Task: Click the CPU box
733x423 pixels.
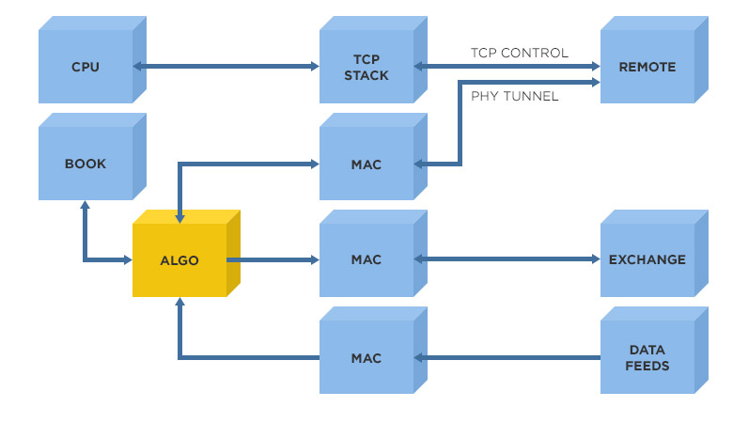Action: pyautogui.click(x=86, y=67)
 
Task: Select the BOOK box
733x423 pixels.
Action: pyautogui.click(x=86, y=164)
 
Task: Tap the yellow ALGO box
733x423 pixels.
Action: pyautogui.click(x=179, y=260)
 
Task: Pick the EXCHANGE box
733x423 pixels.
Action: pyautogui.click(x=647, y=260)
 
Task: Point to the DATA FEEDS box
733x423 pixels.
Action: pyautogui.click(x=647, y=357)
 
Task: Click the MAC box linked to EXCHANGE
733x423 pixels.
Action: pyautogui.click(x=366, y=260)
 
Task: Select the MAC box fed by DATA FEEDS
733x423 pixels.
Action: pyautogui.click(x=366, y=357)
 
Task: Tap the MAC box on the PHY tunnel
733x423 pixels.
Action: pyautogui.click(x=366, y=164)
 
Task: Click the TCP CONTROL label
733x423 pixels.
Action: pyautogui.click(x=520, y=53)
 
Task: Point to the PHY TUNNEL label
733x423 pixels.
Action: pyautogui.click(x=514, y=96)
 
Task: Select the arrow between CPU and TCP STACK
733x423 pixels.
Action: pyautogui.click(x=226, y=67)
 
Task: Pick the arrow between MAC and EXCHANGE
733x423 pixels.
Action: pyautogui.click(x=507, y=259)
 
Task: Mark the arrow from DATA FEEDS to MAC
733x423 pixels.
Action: pyautogui.click(x=507, y=357)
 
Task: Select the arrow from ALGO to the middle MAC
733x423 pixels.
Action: pyautogui.click(x=273, y=259)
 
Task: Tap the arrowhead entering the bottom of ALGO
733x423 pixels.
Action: pyautogui.click(x=179, y=304)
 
